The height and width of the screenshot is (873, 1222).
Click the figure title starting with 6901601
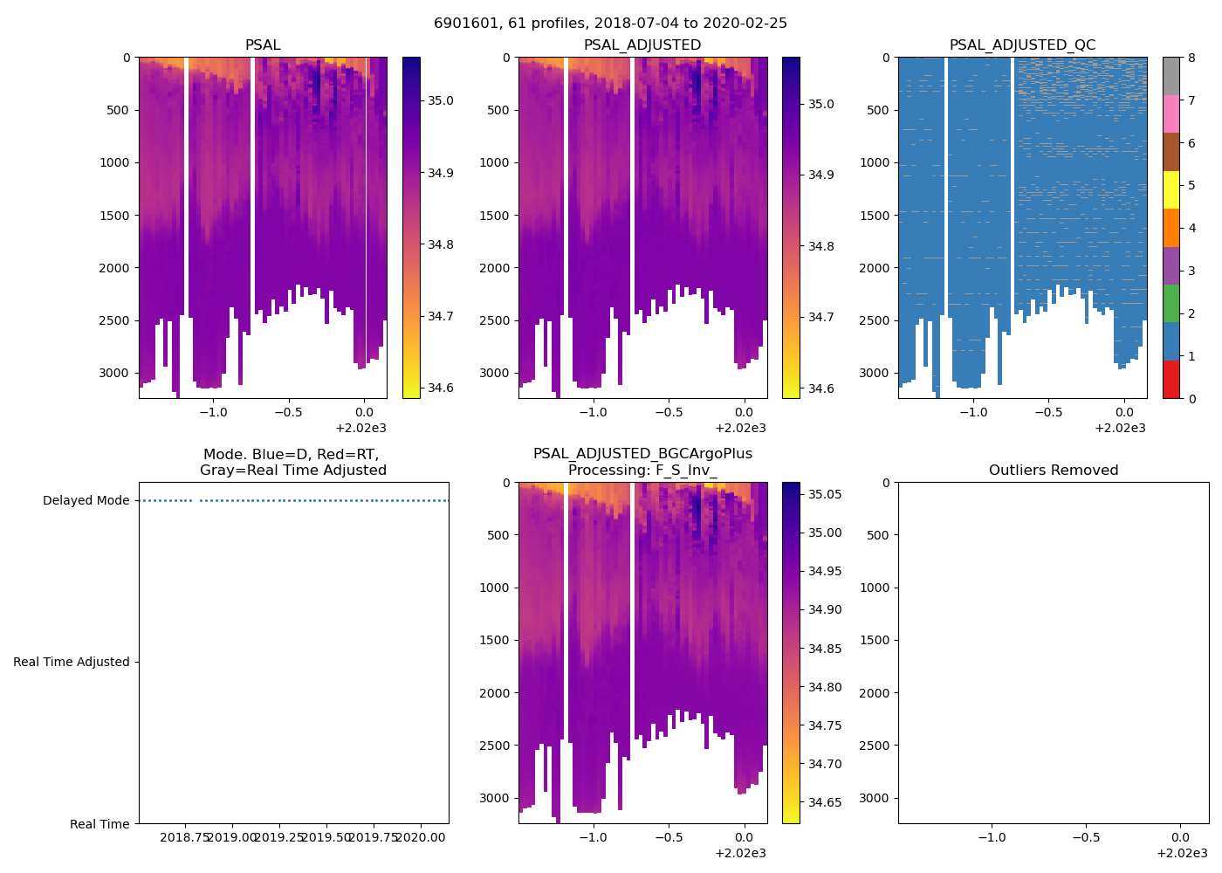click(x=610, y=23)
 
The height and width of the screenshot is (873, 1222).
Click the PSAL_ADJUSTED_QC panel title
click(x=1022, y=45)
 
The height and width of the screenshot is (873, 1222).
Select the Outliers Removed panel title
click(x=1053, y=471)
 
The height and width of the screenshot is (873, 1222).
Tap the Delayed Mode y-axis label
click(x=86, y=501)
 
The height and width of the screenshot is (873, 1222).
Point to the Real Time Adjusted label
click(x=71, y=663)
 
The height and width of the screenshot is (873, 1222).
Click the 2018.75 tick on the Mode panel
click(x=185, y=837)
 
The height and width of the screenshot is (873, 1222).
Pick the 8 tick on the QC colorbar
click(x=1191, y=58)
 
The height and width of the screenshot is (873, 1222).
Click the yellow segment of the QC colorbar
click(x=1171, y=189)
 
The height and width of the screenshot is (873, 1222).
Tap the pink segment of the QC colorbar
click(x=1171, y=113)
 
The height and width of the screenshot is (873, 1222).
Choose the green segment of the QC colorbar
click(x=1171, y=303)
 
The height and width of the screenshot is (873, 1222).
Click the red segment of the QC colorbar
click(x=1171, y=380)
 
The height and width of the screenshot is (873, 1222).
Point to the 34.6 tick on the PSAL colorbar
click(x=440, y=388)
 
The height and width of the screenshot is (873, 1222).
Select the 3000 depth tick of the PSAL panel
click(x=115, y=374)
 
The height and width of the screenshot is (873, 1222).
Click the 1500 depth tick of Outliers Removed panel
click(x=875, y=641)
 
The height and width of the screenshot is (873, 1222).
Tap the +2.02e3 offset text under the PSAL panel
click(x=360, y=428)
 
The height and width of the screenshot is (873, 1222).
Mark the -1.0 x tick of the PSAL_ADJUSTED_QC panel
click(x=973, y=413)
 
